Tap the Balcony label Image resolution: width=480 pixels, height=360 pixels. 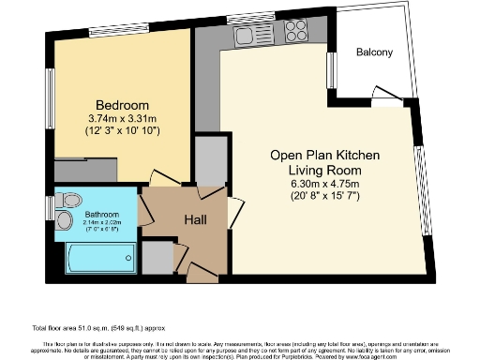(374, 52)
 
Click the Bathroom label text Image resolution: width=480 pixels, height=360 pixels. (102, 214)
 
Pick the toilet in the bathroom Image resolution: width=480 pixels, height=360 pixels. (66, 220)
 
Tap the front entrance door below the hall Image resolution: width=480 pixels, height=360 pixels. (200, 272)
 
